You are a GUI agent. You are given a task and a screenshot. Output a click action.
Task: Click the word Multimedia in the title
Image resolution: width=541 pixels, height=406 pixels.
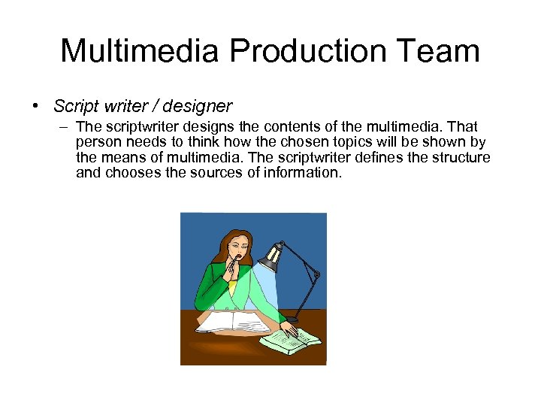click(x=140, y=51)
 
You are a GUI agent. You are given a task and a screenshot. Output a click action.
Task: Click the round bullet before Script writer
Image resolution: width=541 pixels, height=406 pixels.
click(x=36, y=106)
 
